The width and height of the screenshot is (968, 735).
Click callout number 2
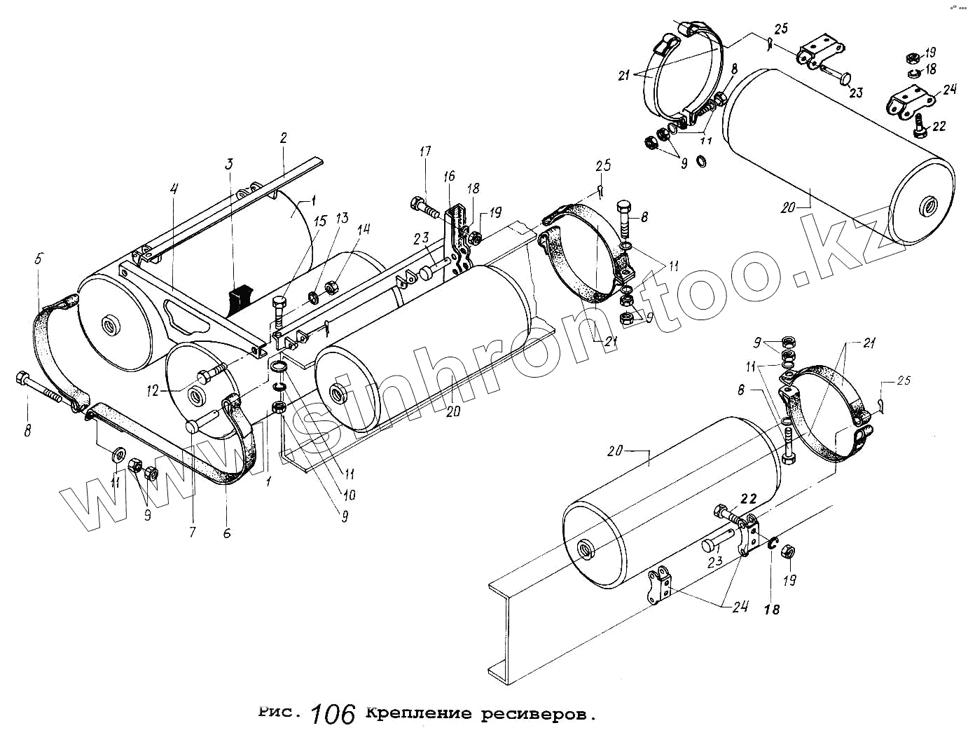(x=283, y=137)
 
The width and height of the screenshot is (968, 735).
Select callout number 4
(x=174, y=188)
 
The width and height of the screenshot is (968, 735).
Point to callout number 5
(x=39, y=259)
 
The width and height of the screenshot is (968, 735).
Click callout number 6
(x=226, y=533)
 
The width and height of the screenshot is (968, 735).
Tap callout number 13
(x=342, y=217)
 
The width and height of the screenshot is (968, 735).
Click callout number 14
(x=363, y=228)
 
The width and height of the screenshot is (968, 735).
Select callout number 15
(x=319, y=221)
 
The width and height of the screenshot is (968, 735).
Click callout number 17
(x=425, y=151)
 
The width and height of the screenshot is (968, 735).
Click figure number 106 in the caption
(x=333, y=714)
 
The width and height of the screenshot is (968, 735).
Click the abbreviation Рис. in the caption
(x=279, y=713)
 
